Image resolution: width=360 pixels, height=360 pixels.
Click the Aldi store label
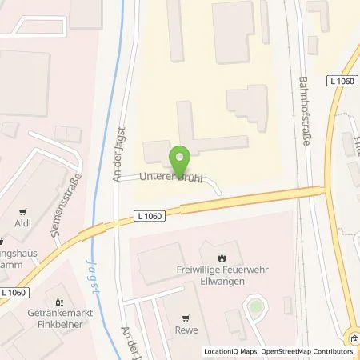pyautogui.click(x=22, y=223)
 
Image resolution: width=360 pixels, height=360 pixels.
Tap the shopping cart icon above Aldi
pyautogui.click(x=22, y=210)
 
